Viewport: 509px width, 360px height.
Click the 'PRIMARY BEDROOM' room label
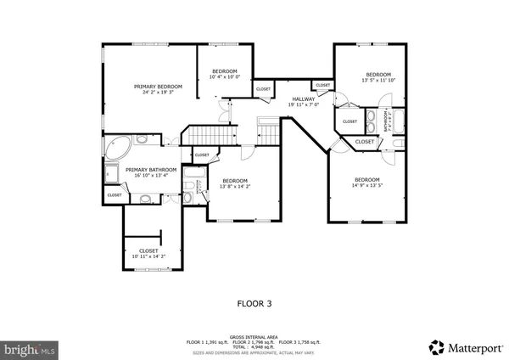(158, 87)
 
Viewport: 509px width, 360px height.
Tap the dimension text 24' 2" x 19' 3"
(158, 93)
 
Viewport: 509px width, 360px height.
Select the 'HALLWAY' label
(305, 99)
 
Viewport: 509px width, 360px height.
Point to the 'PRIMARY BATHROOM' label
(150, 170)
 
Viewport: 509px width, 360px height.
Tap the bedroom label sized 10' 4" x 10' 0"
(225, 71)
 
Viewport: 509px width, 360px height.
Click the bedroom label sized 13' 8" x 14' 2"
(235, 180)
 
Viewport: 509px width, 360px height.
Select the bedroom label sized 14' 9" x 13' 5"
(366, 179)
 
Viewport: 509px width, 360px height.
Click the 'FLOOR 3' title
(254, 301)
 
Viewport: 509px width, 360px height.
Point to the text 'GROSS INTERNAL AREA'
(254, 336)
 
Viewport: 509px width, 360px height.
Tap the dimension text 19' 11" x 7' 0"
(305, 105)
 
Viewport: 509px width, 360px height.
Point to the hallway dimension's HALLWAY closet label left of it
(264, 89)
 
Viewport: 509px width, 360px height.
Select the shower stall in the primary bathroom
(112, 175)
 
